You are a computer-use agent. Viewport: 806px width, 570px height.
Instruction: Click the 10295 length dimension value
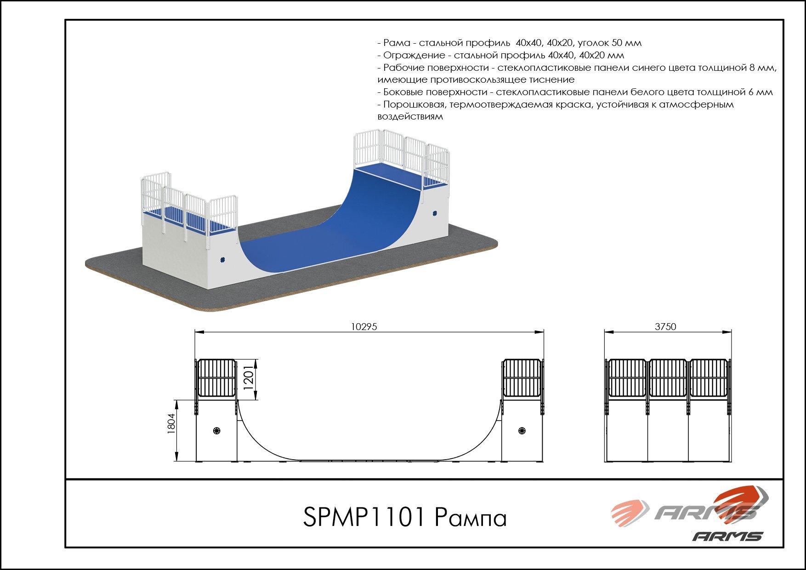tap(364, 327)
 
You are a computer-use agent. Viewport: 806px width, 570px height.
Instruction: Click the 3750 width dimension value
tap(665, 327)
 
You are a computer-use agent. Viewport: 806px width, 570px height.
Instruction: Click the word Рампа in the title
tap(470, 518)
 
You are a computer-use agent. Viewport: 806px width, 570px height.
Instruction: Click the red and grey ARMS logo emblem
tap(689, 508)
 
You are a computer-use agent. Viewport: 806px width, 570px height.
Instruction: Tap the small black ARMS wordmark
tap(727, 536)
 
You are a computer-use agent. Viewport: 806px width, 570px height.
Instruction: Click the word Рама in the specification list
tap(397, 43)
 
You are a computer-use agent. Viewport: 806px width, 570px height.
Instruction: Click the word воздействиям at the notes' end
tap(410, 117)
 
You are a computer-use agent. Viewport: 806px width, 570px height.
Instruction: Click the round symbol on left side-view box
tap(217, 431)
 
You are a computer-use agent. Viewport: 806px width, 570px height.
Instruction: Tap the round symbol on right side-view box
tap(522, 431)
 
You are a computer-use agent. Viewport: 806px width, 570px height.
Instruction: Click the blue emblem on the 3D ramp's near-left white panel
tap(223, 260)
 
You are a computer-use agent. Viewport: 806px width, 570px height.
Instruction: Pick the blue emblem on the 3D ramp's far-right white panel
tap(434, 213)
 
